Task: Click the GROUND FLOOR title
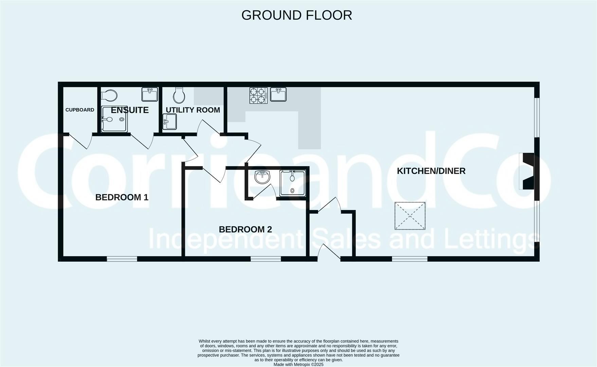(x=296, y=15)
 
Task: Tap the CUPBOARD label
(x=80, y=110)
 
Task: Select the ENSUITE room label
(x=130, y=110)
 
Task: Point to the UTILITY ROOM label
(x=193, y=110)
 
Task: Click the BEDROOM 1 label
(x=122, y=197)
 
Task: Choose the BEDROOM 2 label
(x=245, y=229)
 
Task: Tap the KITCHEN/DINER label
(x=431, y=171)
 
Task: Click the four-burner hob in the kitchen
(x=258, y=95)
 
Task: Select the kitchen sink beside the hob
(x=278, y=94)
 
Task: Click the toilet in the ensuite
(x=109, y=95)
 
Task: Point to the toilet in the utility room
(x=179, y=95)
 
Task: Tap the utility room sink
(x=169, y=121)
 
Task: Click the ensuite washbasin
(x=150, y=94)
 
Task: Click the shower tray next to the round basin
(x=292, y=183)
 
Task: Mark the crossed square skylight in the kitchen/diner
(x=410, y=216)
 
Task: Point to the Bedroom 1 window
(x=122, y=259)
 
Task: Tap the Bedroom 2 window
(x=266, y=259)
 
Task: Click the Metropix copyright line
(x=298, y=365)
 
